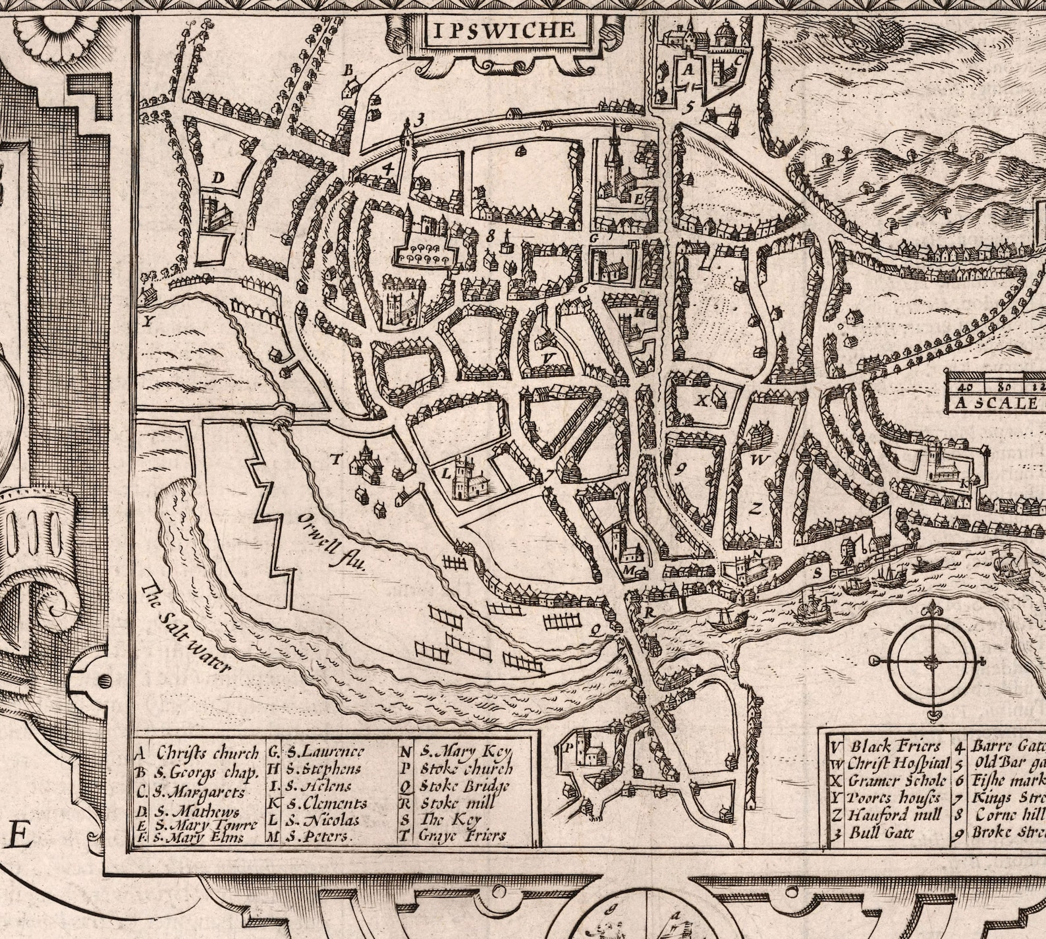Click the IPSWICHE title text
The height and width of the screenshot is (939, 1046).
pos(504,30)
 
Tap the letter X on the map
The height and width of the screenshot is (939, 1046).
pos(702,400)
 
